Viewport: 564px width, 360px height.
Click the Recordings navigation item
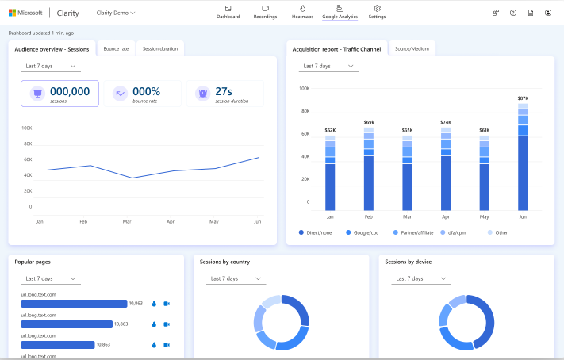(265, 12)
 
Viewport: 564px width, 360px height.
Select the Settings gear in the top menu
(377, 12)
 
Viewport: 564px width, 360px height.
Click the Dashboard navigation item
(228, 12)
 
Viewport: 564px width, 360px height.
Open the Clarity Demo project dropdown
(116, 13)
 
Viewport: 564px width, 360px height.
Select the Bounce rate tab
(117, 49)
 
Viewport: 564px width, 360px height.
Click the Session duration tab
(159, 49)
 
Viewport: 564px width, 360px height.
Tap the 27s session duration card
(224, 94)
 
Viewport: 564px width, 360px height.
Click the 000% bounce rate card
(142, 94)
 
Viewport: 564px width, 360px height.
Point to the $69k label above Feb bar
(368, 122)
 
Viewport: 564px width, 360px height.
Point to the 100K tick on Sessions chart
(26, 128)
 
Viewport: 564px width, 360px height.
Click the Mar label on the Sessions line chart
(127, 222)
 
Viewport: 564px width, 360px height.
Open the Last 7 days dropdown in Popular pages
(51, 278)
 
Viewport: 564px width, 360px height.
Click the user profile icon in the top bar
(548, 13)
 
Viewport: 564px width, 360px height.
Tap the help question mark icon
(513, 13)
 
